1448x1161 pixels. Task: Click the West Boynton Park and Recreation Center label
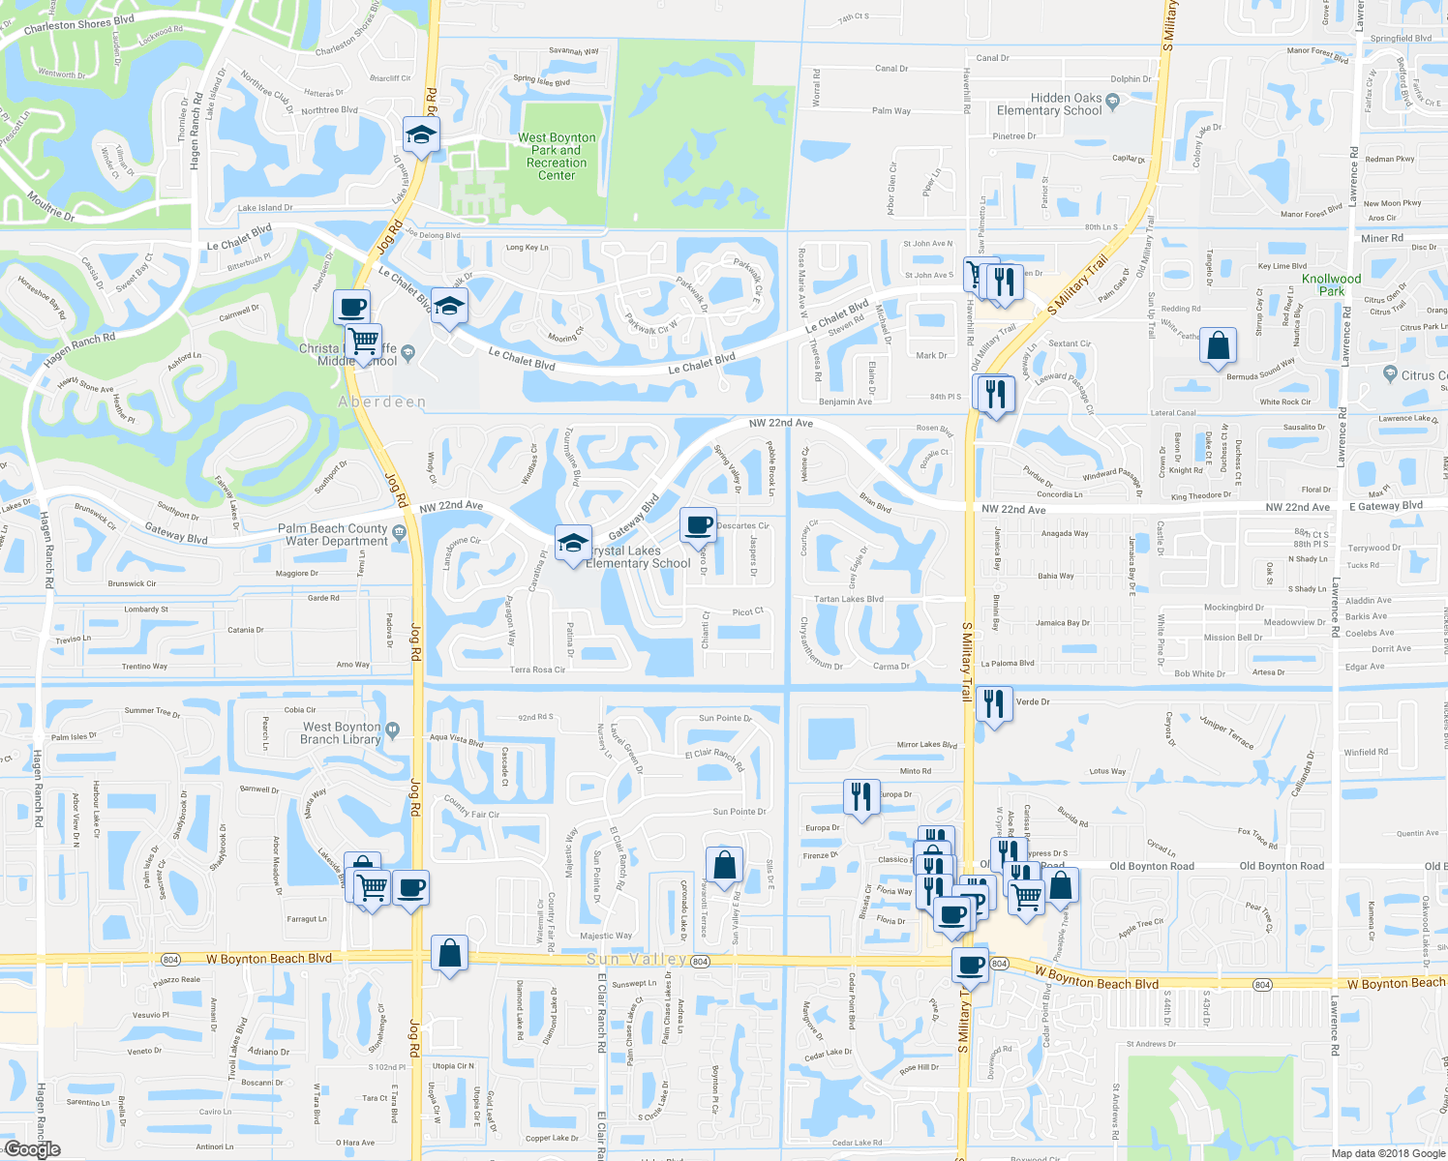[x=557, y=157]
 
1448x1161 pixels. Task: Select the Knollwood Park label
[x=1331, y=284]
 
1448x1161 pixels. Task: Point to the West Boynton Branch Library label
[x=341, y=733]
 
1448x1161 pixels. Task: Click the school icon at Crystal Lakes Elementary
[x=572, y=542]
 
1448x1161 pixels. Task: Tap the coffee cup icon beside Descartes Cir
[x=698, y=525]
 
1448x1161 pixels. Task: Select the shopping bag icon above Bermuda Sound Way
[x=1218, y=346]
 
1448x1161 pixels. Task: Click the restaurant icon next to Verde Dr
[x=994, y=703]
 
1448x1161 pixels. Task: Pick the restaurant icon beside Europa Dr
[x=860, y=797]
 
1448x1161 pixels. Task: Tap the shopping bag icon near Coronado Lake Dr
[x=724, y=865]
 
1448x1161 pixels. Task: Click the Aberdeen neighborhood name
[x=382, y=402]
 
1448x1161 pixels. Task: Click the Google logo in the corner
[x=32, y=1149]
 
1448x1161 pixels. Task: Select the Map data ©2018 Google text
[x=1387, y=1153]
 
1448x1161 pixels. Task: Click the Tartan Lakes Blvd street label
[x=848, y=600]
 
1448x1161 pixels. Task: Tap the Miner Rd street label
[x=1381, y=238]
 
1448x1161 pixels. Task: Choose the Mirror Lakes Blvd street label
[x=926, y=745]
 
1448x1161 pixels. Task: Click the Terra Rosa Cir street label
[x=537, y=670]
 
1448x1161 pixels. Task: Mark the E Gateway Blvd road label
[x=1386, y=506]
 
